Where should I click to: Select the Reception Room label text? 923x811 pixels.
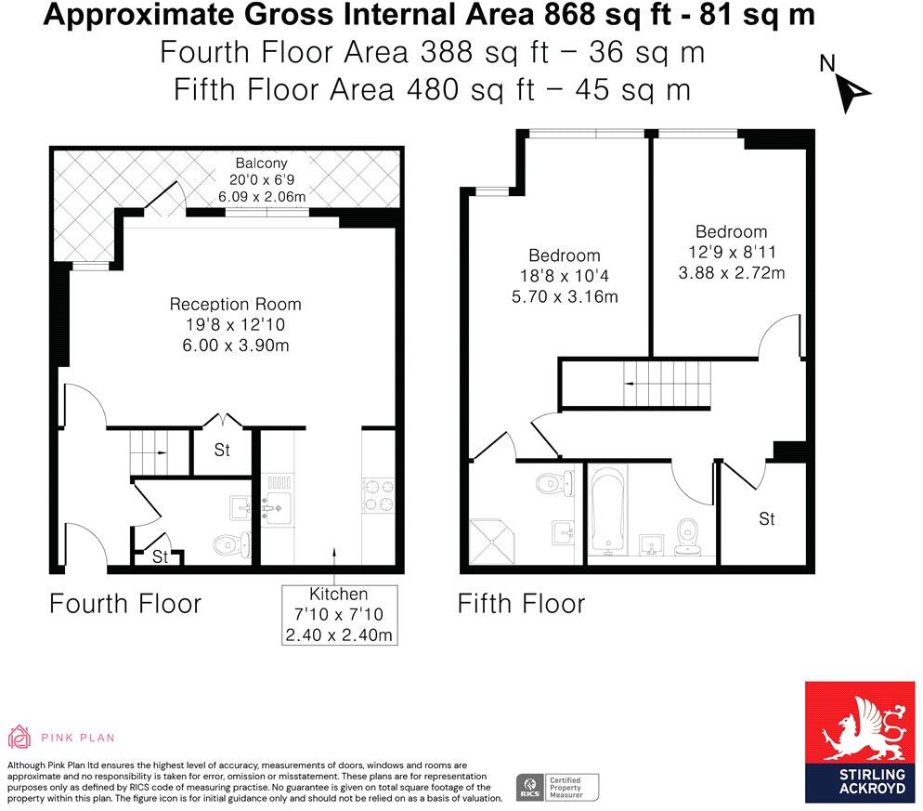(235, 305)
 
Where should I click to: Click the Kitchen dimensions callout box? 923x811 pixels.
(340, 615)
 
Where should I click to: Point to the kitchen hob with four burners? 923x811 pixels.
(377, 494)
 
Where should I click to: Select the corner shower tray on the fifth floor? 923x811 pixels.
(492, 540)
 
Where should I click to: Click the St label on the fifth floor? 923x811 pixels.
(766, 519)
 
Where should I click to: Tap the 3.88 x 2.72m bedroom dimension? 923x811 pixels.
(732, 273)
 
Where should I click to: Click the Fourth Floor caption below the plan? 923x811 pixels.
(125, 604)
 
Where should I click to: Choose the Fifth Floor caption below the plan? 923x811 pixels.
(521, 604)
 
